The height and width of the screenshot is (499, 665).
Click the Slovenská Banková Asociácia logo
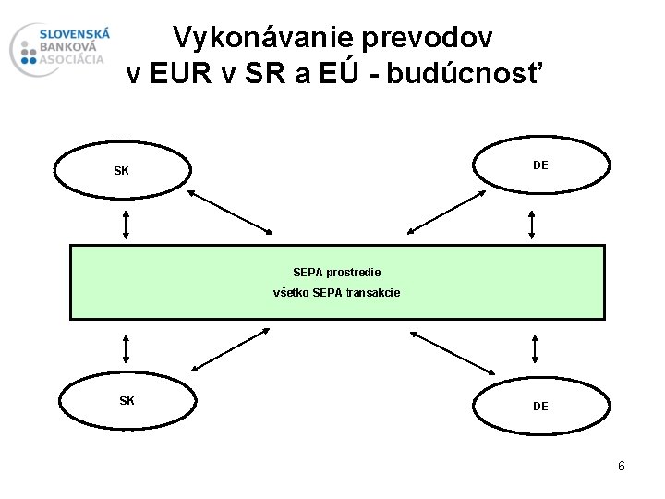click(61, 49)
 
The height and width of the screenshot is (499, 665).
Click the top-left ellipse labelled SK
click(122, 171)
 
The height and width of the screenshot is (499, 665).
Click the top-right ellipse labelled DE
click(541, 165)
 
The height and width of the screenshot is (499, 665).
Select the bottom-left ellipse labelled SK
click(127, 401)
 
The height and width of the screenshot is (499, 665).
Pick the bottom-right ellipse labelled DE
click(541, 406)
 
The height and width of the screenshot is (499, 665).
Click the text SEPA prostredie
click(336, 273)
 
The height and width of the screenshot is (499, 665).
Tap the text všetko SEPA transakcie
click(336, 293)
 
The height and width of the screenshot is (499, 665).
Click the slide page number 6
click(622, 466)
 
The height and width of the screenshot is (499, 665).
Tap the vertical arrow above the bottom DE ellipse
click(535, 348)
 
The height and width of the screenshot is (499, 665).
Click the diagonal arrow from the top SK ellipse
click(229, 212)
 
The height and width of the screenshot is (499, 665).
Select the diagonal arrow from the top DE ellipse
click(448, 212)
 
